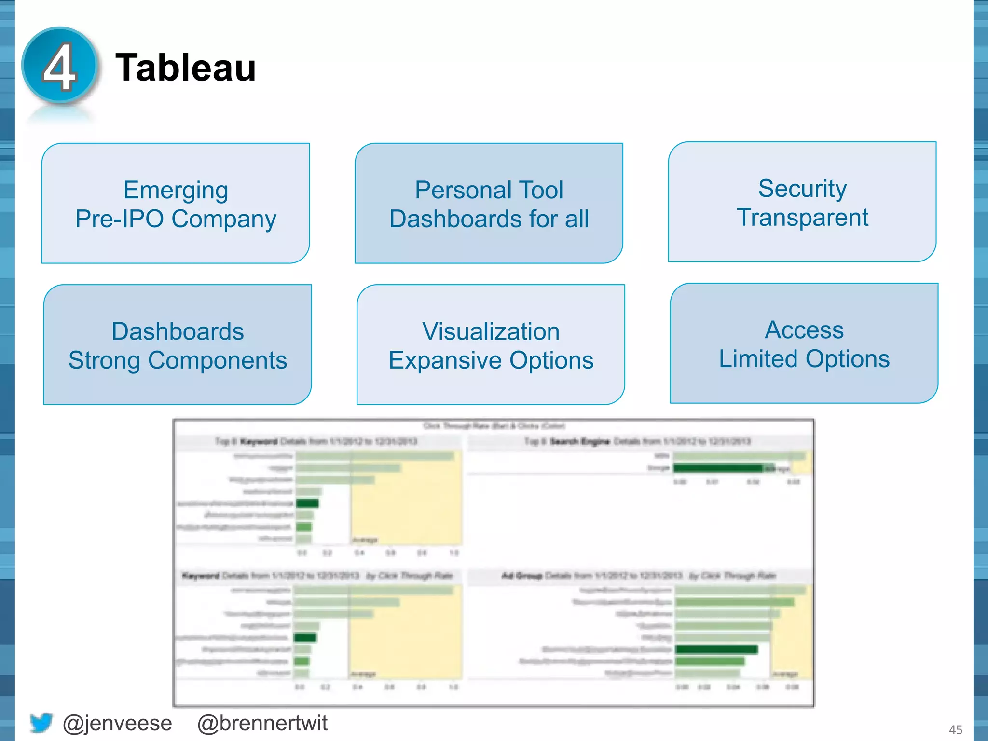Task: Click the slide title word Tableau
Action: [186, 68]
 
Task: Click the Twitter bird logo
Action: [41, 723]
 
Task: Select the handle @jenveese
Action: [117, 723]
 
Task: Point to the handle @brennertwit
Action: [262, 723]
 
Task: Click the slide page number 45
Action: [955, 729]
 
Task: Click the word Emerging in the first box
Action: [176, 190]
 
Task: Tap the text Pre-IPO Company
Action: [176, 219]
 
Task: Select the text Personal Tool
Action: [489, 190]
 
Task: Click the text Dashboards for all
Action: [489, 219]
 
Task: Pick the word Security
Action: [802, 188]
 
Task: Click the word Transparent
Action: [802, 217]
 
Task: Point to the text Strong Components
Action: [178, 360]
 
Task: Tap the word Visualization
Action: [491, 331]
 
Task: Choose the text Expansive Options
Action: [491, 360]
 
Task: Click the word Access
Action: [804, 330]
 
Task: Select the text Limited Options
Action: [804, 358]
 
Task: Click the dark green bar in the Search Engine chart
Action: [718, 468]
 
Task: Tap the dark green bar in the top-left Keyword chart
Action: [307, 504]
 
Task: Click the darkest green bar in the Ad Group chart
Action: [716, 649]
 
